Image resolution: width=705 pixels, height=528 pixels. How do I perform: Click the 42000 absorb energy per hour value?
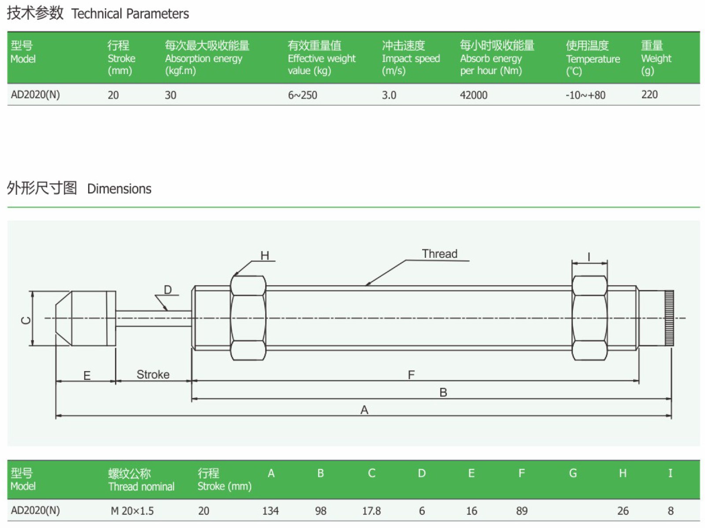(473, 95)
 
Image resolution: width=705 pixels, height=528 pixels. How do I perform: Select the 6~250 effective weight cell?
(302, 95)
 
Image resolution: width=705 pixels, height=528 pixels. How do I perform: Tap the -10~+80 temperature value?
(585, 95)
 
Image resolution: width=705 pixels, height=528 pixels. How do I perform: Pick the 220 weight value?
(649, 95)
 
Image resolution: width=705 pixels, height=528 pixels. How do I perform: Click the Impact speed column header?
(410, 58)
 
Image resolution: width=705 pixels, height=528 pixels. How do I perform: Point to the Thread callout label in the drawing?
(439, 254)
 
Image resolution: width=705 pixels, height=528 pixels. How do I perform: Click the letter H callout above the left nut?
(264, 256)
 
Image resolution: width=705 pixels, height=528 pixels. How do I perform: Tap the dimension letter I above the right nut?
(589, 257)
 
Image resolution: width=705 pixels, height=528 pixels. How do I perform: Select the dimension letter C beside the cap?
(26, 320)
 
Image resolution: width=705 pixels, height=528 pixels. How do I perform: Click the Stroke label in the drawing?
(153, 375)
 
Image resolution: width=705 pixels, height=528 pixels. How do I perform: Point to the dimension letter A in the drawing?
(364, 410)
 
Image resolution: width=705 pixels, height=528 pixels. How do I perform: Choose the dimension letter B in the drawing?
(443, 393)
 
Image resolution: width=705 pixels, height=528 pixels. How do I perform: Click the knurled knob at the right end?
(669, 318)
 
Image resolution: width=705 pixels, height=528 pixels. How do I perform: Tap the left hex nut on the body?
(248, 318)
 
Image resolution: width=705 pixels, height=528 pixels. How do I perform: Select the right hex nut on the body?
(590, 318)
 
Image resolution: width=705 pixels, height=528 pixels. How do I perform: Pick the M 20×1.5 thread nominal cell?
(132, 511)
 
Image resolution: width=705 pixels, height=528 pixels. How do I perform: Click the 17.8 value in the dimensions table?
(371, 511)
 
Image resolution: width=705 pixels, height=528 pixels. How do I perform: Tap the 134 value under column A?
(270, 511)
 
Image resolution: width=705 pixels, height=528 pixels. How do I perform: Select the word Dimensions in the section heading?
(119, 189)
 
